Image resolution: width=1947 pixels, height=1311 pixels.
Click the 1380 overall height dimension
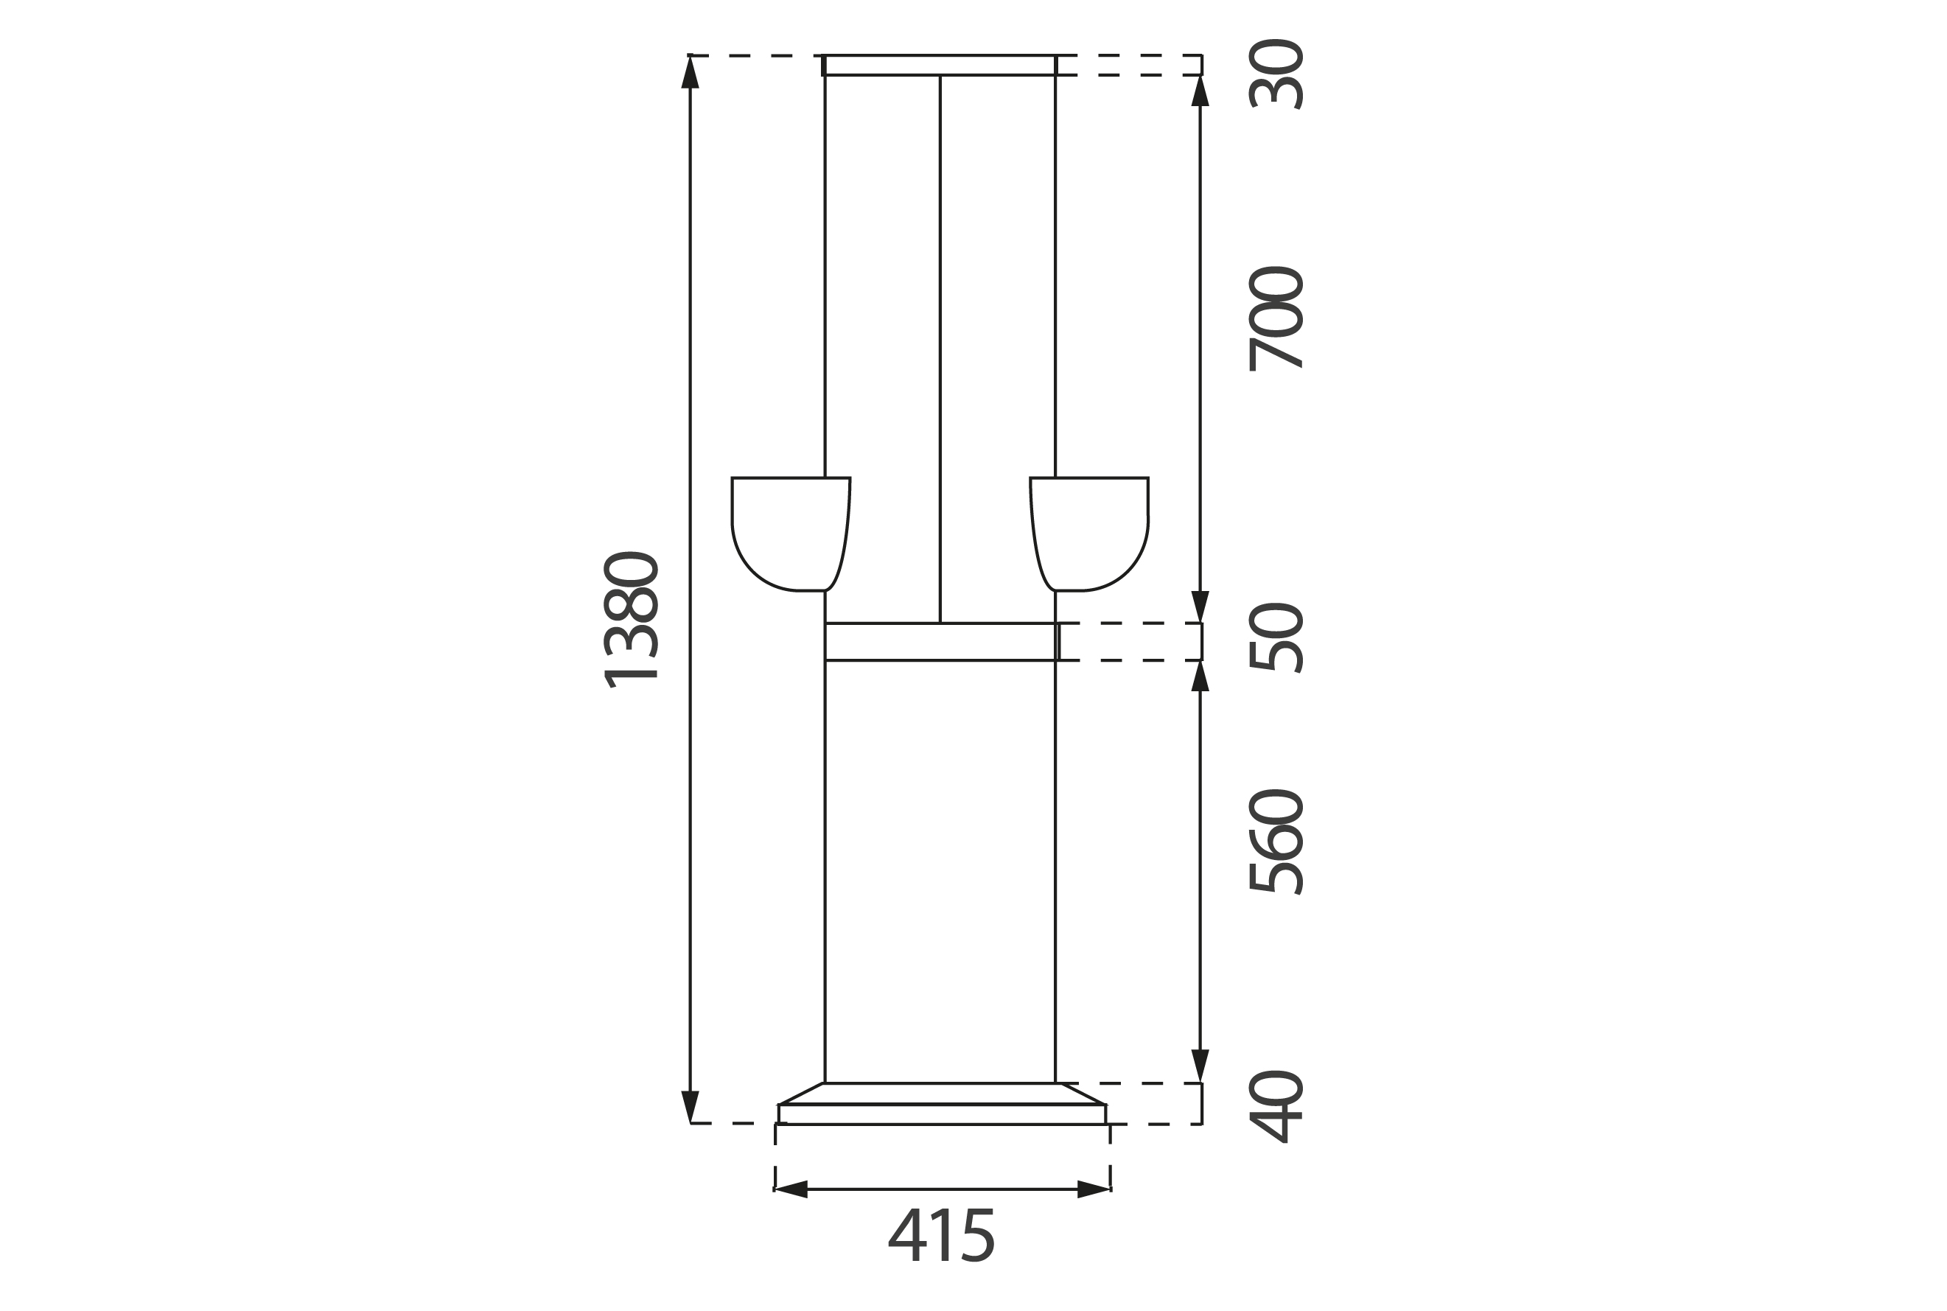[630, 620]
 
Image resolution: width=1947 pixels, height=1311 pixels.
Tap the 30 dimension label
[1276, 74]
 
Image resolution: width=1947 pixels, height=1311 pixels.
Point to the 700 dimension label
[1276, 318]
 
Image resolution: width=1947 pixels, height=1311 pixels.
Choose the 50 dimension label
[1276, 638]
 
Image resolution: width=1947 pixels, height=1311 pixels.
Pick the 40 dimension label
[1276, 1106]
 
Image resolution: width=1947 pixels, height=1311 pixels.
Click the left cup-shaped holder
[790, 534]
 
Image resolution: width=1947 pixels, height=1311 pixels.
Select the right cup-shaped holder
[1089, 534]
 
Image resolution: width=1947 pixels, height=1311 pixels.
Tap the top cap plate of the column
[940, 65]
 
